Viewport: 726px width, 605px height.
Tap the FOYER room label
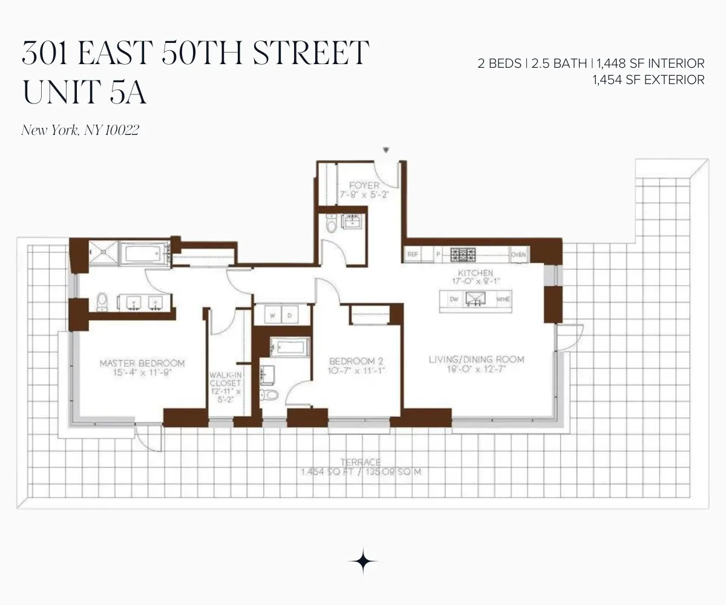(364, 185)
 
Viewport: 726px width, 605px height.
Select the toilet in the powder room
(330, 224)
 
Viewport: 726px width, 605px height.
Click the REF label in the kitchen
(413, 255)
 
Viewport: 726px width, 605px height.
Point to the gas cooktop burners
(466, 254)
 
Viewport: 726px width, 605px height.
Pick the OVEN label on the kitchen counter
(518, 255)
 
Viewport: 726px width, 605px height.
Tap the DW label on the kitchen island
(453, 299)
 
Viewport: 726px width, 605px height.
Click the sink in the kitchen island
(475, 299)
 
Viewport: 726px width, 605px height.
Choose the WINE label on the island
(503, 299)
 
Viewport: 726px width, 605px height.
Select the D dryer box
(290, 315)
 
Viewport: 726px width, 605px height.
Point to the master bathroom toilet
(102, 301)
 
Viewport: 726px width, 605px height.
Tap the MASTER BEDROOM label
(142, 363)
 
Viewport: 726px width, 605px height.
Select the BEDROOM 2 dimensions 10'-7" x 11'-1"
(356, 370)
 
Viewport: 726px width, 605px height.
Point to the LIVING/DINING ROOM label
(476, 359)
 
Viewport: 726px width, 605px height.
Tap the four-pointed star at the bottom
(363, 561)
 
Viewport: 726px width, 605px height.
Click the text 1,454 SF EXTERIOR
(649, 79)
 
